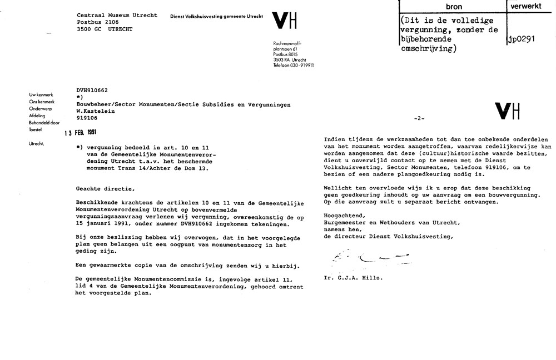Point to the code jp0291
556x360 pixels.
pyautogui.click(x=521, y=39)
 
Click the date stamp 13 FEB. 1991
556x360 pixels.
pyautogui.click(x=81, y=132)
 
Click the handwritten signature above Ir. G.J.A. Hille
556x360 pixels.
pyautogui.click(x=366, y=257)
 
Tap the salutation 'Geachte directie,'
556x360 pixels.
pyautogui.click(x=105, y=188)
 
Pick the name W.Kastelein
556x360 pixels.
pyautogui.click(x=96, y=111)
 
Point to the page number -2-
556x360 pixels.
pyautogui.click(x=420, y=119)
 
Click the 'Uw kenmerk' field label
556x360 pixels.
pyautogui.click(x=40, y=96)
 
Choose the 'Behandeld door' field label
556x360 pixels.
pyautogui.click(x=44, y=123)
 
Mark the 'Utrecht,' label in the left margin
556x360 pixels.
pyautogui.click(x=37, y=144)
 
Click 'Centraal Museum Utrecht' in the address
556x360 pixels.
pyautogui.click(x=117, y=15)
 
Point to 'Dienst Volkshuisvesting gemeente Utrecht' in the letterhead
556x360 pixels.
pyautogui.click(x=216, y=17)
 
